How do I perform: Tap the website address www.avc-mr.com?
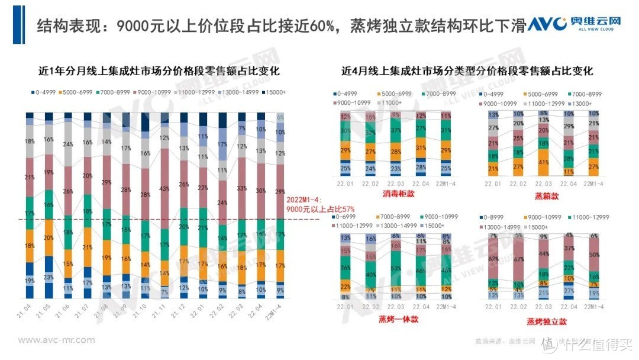(56, 340)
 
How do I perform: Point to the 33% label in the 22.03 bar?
(242, 188)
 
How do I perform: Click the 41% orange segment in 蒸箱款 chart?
(544, 162)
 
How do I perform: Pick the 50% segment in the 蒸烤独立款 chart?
(593, 255)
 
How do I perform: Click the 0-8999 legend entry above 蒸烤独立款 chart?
(496, 217)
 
